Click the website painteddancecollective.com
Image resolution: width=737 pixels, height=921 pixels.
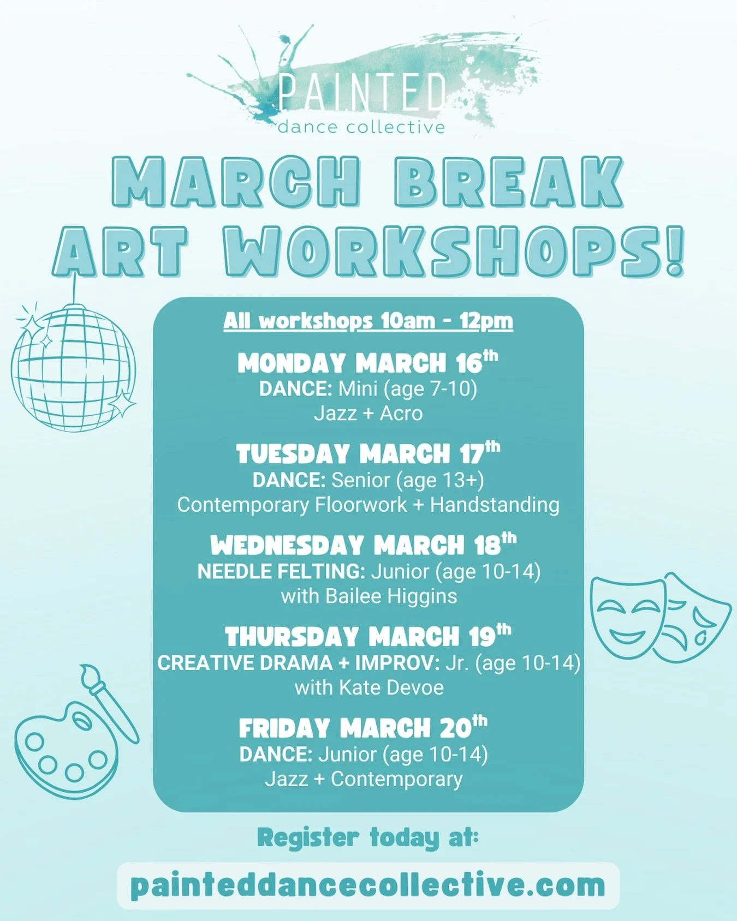pos(368,885)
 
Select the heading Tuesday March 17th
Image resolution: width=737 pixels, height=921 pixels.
pos(368,454)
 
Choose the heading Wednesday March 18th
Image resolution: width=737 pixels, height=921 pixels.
pos(364,545)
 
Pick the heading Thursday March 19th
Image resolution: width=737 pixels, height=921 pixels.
pos(368,636)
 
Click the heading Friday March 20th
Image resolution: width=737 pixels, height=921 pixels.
pos(363,728)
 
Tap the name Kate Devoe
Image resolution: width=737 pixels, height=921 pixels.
pos(391,687)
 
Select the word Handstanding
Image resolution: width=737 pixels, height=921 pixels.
pos(495,505)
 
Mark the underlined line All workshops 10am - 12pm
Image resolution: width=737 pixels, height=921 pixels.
pos(368,321)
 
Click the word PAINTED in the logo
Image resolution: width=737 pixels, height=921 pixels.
pos(362,93)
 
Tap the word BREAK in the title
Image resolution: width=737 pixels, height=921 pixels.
pos(509,182)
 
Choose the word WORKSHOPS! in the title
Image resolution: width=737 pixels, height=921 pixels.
pos(453,251)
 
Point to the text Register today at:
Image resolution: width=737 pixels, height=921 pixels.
pos(368,838)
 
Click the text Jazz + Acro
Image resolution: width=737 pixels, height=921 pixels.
pos(368,413)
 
